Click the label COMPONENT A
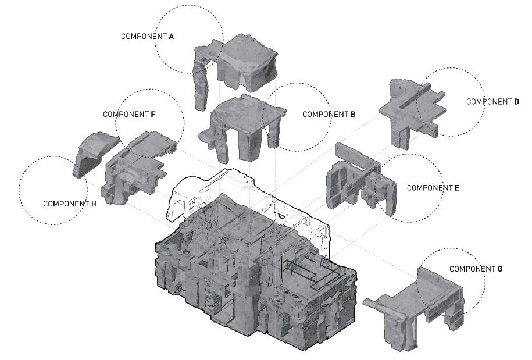(147, 36)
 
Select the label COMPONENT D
(493, 101)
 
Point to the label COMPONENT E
(433, 188)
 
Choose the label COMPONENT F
(129, 114)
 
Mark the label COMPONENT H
(69, 204)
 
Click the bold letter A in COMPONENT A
(171, 36)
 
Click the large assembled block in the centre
(256, 273)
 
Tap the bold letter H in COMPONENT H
(94, 204)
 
